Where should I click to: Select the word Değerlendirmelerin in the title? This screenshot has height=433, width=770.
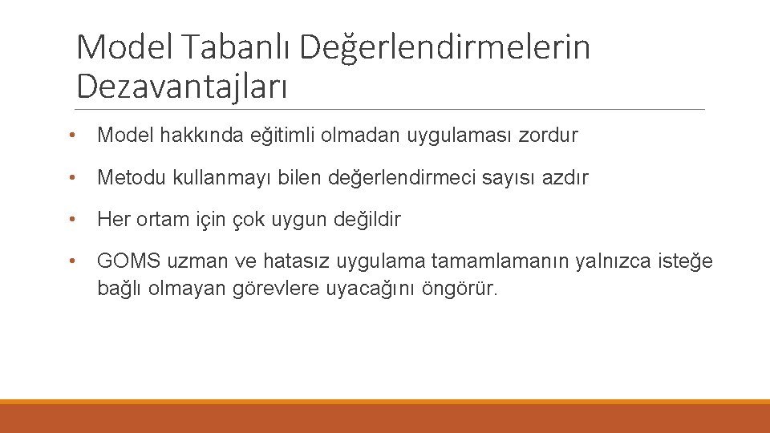(445, 48)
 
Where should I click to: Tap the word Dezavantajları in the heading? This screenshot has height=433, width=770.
(181, 84)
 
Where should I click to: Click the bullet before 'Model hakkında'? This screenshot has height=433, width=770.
(73, 136)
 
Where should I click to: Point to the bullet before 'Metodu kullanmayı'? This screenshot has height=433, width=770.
(73, 177)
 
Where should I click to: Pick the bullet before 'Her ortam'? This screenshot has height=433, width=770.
(73, 219)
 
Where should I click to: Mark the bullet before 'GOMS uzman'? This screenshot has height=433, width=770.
(73, 261)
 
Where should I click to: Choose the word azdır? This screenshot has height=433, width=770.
(565, 178)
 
